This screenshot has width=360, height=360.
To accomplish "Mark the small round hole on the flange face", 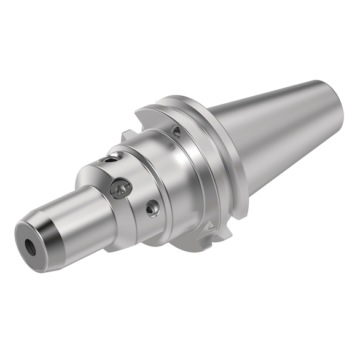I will [176, 131].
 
